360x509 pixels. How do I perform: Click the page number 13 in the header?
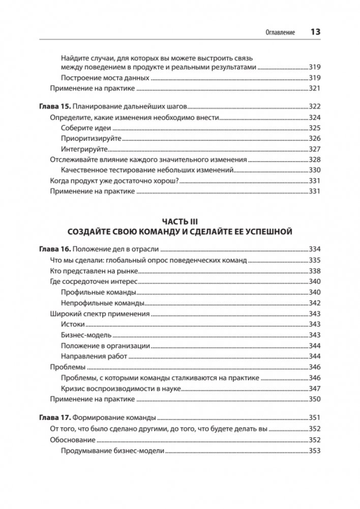(x=315, y=32)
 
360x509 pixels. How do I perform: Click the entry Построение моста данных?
(x=105, y=78)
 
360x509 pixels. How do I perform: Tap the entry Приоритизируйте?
(x=91, y=138)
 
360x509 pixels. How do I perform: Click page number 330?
(x=315, y=170)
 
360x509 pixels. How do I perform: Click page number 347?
(x=315, y=388)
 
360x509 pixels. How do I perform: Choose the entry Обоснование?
(x=73, y=440)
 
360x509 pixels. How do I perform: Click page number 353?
(x=315, y=451)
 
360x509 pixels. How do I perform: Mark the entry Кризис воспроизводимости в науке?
(x=121, y=388)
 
